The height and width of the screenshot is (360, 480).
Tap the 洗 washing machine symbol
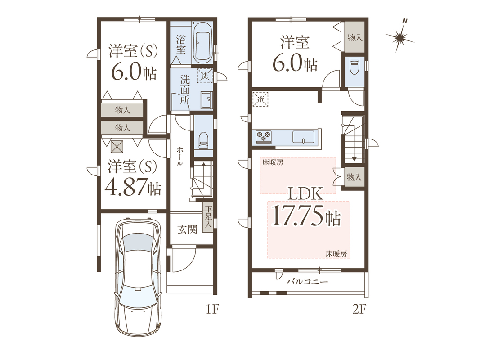coord(205,75)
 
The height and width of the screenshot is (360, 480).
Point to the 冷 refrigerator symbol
coord(260,99)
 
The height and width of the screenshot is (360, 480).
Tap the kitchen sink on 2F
coord(303,136)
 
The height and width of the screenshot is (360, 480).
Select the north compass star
coord(399,38)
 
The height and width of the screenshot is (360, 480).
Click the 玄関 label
coord(187,229)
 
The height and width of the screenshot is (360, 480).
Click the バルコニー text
coord(307,282)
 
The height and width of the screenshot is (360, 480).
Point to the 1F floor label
coord(212,310)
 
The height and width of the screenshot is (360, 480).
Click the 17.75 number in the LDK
coord(297,216)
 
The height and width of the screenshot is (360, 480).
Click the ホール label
coord(180,156)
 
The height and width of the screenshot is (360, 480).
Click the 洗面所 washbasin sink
coord(206,99)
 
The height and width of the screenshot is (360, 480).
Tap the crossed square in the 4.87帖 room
coord(117,146)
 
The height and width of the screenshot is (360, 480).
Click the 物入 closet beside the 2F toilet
coord(355,37)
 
